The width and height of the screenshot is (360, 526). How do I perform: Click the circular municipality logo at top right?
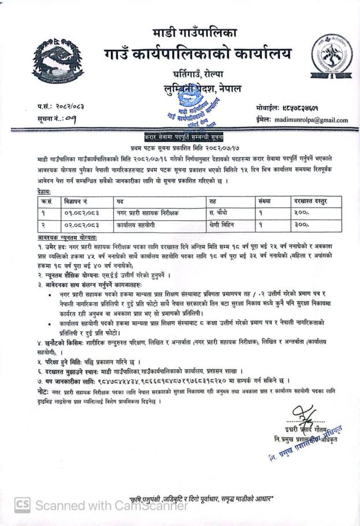tap(331, 58)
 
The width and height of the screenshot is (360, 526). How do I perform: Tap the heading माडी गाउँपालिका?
tap(195, 32)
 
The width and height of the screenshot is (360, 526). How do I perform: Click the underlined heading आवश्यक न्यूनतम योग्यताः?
tap(66, 237)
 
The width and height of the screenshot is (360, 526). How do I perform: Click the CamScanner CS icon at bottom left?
tap(21, 505)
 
